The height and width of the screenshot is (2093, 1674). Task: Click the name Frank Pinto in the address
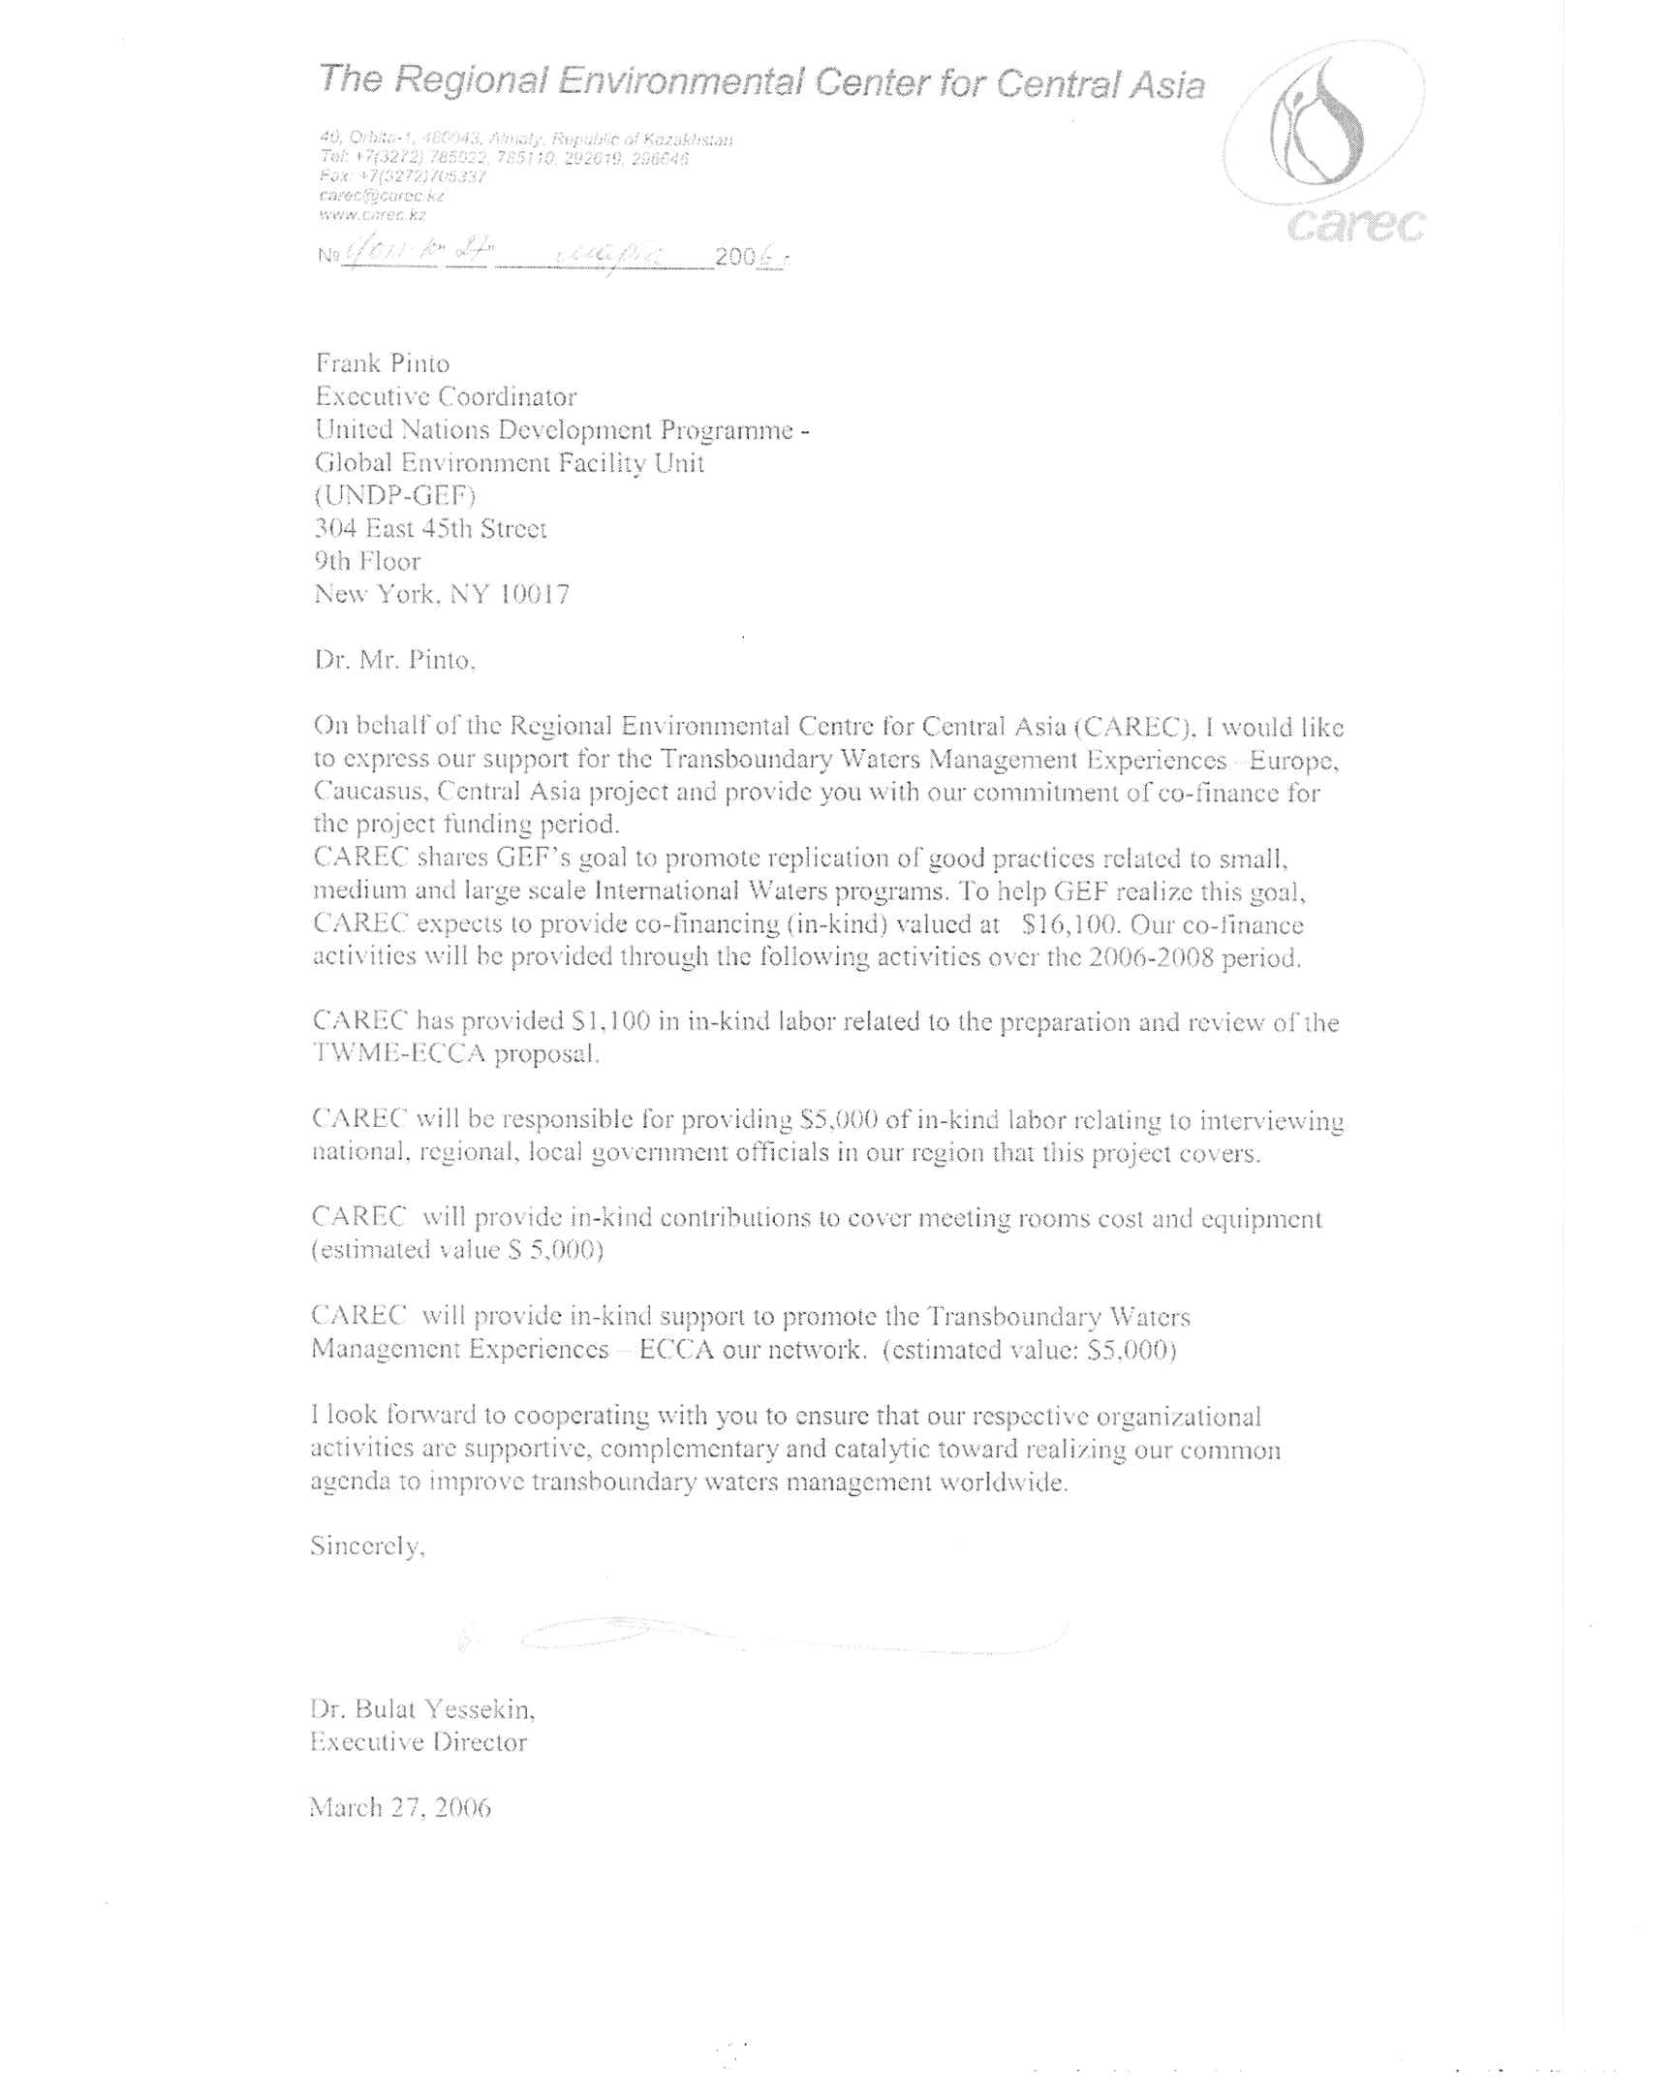[383, 364]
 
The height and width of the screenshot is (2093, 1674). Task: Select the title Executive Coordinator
[446, 397]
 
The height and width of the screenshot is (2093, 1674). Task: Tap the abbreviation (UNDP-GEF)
[395, 496]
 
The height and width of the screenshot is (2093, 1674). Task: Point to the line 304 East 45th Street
[430, 529]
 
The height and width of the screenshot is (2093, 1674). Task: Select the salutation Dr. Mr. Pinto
[394, 660]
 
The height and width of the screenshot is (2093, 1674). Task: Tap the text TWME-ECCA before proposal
[398, 1054]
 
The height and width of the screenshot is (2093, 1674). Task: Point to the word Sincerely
[367, 1546]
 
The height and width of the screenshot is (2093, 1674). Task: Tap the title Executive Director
[418, 1741]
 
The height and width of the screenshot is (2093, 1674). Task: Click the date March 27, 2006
[400, 1807]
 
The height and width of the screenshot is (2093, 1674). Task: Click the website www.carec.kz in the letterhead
[372, 214]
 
